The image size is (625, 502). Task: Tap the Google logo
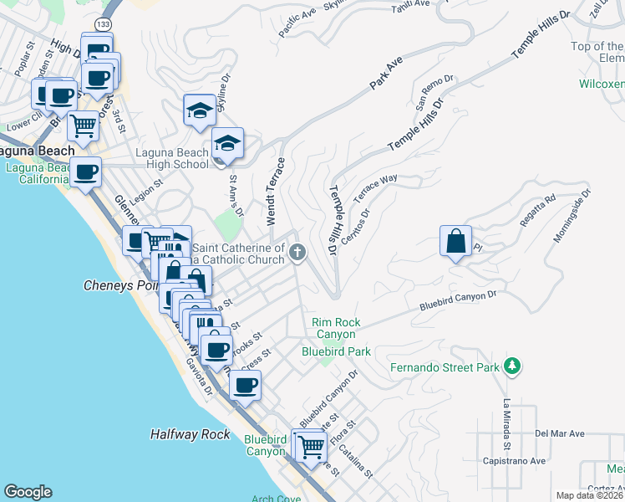click(28, 492)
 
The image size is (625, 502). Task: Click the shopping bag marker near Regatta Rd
click(455, 242)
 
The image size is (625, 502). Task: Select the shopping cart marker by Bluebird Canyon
click(311, 445)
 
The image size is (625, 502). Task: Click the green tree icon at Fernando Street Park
click(512, 366)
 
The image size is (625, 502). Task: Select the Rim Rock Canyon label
click(335, 328)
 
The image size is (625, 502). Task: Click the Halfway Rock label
click(190, 434)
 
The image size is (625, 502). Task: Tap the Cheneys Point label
click(119, 284)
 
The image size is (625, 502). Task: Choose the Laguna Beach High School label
click(172, 158)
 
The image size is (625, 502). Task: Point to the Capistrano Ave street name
click(514, 461)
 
